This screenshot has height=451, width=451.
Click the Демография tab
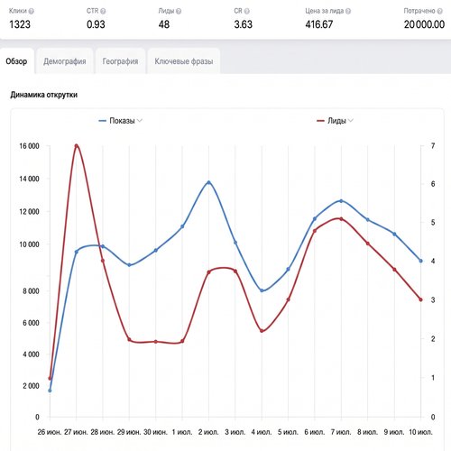[65, 61]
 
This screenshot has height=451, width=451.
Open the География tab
[120, 61]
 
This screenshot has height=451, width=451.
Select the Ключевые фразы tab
[184, 61]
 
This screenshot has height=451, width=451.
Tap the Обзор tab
[16, 61]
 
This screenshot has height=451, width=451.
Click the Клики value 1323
[20, 24]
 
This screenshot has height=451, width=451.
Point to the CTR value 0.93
[96, 24]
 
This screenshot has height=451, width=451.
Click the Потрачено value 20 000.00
[424, 24]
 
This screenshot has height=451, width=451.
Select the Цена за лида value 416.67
[319, 24]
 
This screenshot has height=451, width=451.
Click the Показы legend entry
[121, 121]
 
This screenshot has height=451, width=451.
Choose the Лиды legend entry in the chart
[335, 121]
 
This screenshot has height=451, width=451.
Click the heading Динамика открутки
[44, 95]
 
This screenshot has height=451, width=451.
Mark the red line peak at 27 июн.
[77, 146]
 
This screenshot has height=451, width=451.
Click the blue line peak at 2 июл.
[209, 182]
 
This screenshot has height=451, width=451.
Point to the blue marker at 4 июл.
[262, 290]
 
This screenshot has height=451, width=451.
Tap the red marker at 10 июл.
[420, 299]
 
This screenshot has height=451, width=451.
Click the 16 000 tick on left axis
[29, 146]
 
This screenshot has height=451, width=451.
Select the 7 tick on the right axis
[433, 146]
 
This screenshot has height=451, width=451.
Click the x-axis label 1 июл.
[182, 432]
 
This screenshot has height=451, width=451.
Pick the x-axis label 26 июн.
[50, 432]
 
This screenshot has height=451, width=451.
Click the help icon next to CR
[247, 12]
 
